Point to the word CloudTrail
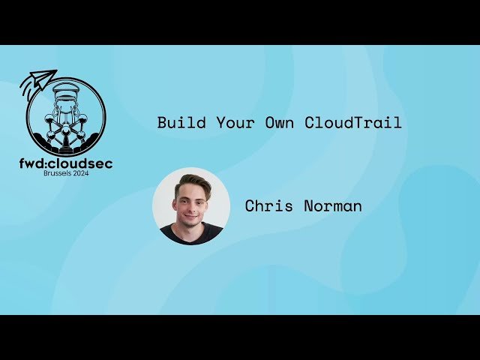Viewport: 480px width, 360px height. pyautogui.click(x=352, y=123)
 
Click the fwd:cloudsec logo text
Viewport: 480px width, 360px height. pyautogui.click(x=67, y=163)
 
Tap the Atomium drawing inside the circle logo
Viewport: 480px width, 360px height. pyautogui.click(x=65, y=120)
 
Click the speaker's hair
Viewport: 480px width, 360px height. pyautogui.click(x=192, y=182)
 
